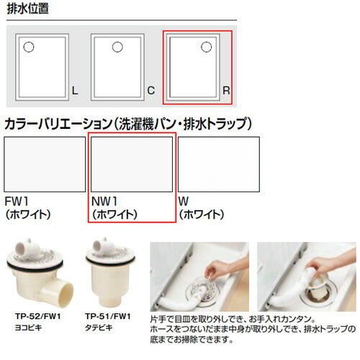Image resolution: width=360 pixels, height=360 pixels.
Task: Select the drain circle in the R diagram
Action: (206, 48)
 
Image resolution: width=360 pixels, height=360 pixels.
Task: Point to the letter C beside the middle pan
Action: (149, 91)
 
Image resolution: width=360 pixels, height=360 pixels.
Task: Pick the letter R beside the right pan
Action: (225, 91)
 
